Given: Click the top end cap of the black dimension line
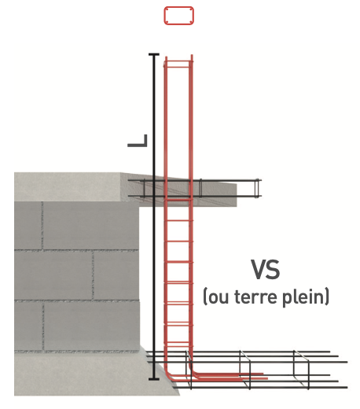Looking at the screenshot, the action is click(154, 54).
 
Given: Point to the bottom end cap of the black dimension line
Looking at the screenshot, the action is click(154, 379).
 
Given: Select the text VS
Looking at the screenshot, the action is click(266, 270).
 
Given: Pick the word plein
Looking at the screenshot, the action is click(304, 298).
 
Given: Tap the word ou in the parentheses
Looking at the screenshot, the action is click(219, 299).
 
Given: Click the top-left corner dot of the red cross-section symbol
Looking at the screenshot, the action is click(167, 10).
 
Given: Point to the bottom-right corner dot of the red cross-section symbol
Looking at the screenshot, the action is click(191, 21).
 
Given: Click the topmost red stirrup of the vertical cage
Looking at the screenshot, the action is click(178, 61).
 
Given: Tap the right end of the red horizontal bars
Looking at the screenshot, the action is click(266, 378).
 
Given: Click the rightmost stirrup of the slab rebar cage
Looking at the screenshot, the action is click(258, 187).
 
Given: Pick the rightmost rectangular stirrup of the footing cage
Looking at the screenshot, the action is click(301, 369).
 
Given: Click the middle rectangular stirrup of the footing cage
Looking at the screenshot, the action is click(245, 370).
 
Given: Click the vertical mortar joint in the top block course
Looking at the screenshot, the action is click(42, 226).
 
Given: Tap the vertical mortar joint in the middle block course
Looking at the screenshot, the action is click(93, 275).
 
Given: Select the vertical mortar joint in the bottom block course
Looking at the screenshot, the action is click(42, 326).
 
